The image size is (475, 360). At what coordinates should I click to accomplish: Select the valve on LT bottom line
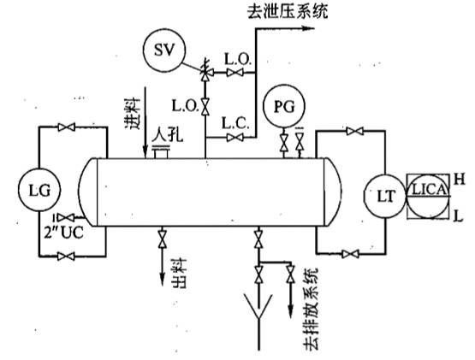[348, 253]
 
